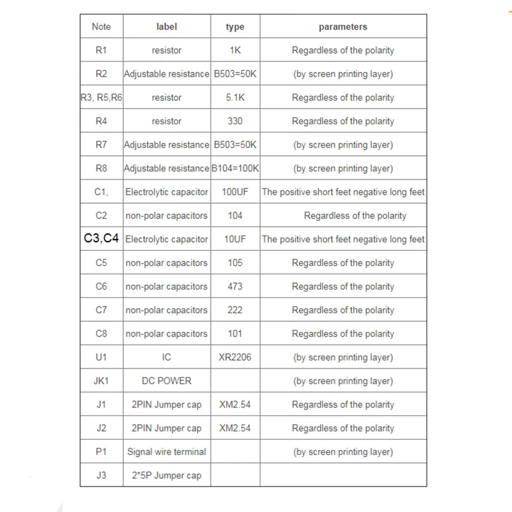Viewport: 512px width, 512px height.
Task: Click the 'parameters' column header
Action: pyautogui.click(x=343, y=27)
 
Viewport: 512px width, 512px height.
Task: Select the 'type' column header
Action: pyautogui.click(x=235, y=27)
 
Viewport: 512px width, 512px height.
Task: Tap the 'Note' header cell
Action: pyautogui.click(x=101, y=27)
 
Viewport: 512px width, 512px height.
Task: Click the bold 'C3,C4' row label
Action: pyautogui.click(x=101, y=239)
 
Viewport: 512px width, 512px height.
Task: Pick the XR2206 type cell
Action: pyautogui.click(x=235, y=357)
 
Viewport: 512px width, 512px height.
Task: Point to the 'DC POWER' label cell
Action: pyautogui.click(x=166, y=381)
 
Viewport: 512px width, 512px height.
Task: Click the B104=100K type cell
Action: pyautogui.click(x=235, y=168)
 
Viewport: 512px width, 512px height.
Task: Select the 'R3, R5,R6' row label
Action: pyautogui.click(x=101, y=97)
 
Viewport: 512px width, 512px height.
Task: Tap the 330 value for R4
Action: pyautogui.click(x=235, y=121)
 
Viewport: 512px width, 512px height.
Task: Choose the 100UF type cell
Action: pyautogui.click(x=235, y=192)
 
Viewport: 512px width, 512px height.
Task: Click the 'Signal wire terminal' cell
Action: pyautogui.click(x=166, y=452)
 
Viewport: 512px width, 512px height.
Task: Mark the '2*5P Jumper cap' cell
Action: pyautogui.click(x=166, y=476)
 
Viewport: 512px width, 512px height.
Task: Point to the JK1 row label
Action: pyautogui.click(x=101, y=381)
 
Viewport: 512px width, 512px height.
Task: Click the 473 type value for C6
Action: pyautogui.click(x=235, y=286)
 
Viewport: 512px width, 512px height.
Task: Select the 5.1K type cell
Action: pyautogui.click(x=235, y=97)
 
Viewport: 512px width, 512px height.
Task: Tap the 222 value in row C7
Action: pyautogui.click(x=235, y=310)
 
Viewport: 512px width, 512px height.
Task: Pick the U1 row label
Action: pyautogui.click(x=101, y=357)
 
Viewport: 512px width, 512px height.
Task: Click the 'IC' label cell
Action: pyautogui.click(x=166, y=357)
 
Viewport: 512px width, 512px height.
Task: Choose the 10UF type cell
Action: pyautogui.click(x=235, y=239)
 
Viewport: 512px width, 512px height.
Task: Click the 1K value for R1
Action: pyautogui.click(x=235, y=50)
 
